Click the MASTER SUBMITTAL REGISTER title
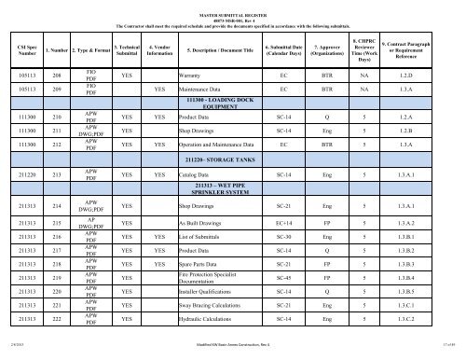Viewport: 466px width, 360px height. coord(232,6)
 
